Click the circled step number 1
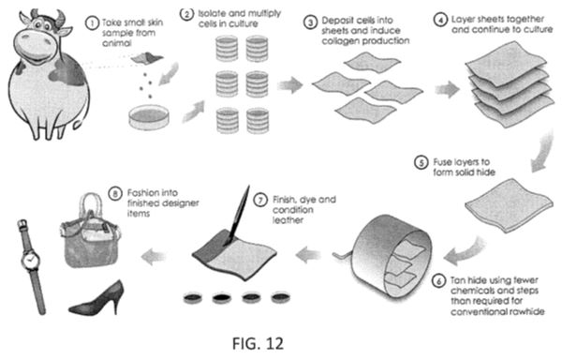click(x=92, y=23)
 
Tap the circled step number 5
click(x=421, y=162)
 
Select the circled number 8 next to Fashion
click(x=115, y=194)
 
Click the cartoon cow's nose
click(x=36, y=45)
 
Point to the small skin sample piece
click(x=147, y=58)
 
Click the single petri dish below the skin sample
click(x=149, y=117)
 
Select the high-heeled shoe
click(x=96, y=298)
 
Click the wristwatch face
click(x=30, y=259)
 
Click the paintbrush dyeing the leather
click(x=237, y=215)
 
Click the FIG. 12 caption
click(x=258, y=343)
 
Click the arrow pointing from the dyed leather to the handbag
click(x=155, y=256)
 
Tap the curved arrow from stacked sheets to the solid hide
click(x=542, y=151)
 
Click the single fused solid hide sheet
click(x=509, y=205)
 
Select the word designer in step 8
click(x=181, y=203)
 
